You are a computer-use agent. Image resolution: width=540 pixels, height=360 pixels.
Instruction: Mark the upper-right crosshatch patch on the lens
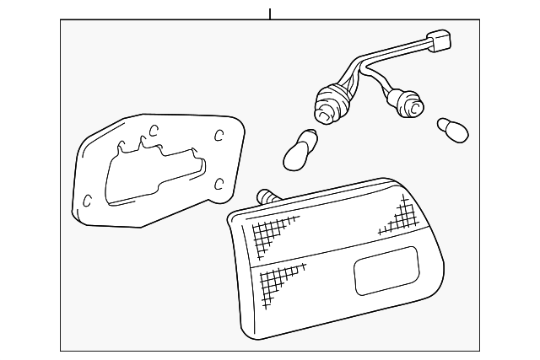point(397,218)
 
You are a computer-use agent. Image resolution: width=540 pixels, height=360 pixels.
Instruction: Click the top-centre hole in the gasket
point(154,129)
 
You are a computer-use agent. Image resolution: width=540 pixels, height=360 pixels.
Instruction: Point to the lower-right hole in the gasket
point(219,183)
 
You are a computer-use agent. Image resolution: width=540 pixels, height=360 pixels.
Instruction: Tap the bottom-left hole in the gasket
point(89,200)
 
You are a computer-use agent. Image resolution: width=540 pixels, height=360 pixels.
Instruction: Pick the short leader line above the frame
point(270,14)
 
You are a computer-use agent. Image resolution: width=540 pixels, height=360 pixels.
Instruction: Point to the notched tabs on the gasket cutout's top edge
point(139,145)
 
